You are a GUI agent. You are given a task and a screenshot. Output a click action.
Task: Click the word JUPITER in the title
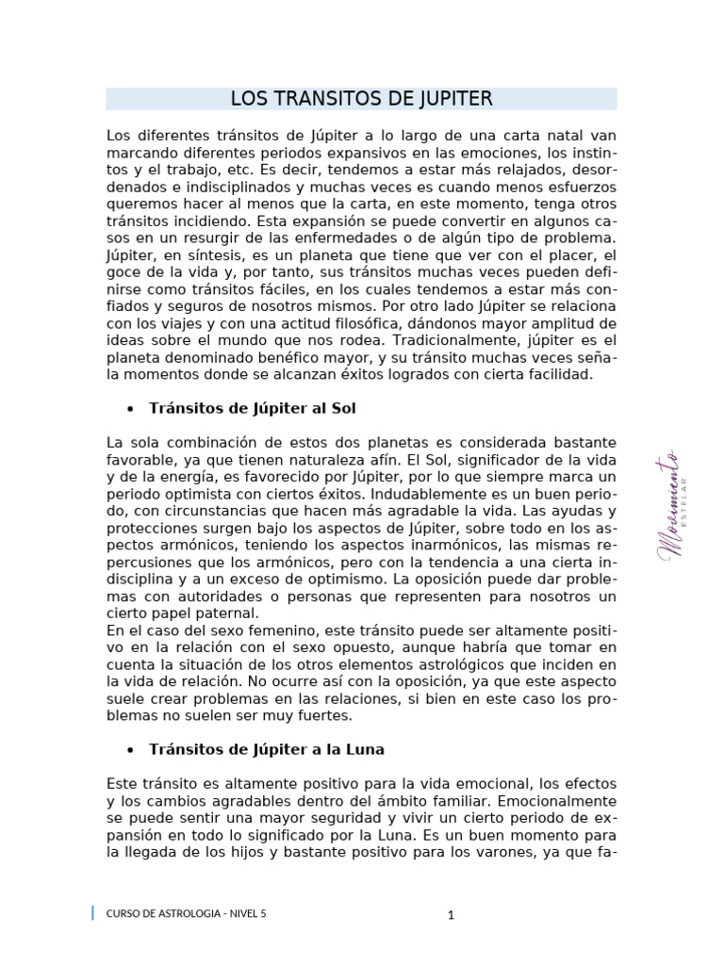coord(447,99)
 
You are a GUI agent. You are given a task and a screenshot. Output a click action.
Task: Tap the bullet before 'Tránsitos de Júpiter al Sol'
coord(128,409)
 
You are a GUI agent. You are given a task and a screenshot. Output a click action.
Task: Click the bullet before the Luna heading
coord(128,750)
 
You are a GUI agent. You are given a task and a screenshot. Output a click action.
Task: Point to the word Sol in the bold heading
coord(342,408)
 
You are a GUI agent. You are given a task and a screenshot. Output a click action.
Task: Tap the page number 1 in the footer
coord(452,914)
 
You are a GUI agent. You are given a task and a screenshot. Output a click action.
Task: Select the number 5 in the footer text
coord(264,913)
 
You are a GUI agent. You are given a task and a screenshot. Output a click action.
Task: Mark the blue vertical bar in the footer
coord(92,912)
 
